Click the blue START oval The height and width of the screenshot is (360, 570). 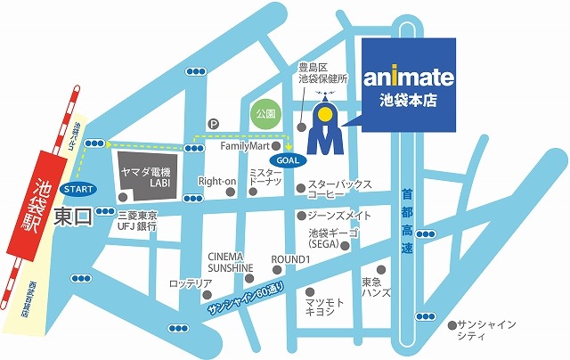point(77,188)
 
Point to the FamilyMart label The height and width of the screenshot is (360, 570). point(245,145)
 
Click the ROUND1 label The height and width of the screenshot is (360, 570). point(289,258)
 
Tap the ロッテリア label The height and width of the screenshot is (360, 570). point(192,284)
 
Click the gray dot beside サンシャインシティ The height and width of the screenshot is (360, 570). point(454,323)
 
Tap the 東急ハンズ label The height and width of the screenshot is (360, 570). point(371,287)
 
